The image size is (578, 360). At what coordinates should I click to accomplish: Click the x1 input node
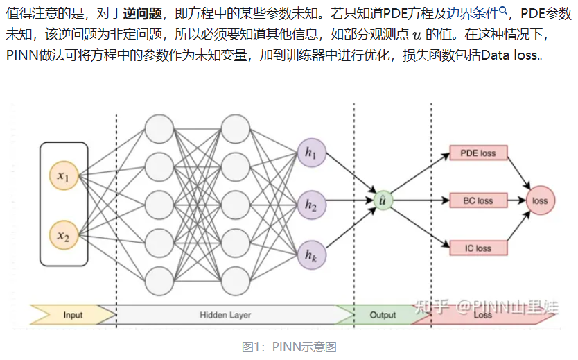(x=63, y=178)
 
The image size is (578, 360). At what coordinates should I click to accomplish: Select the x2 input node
(x=63, y=237)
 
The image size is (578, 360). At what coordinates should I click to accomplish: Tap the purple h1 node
(x=310, y=153)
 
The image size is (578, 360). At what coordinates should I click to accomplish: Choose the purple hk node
(x=310, y=255)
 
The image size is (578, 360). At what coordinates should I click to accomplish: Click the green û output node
(x=383, y=200)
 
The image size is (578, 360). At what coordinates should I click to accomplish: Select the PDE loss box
(x=478, y=153)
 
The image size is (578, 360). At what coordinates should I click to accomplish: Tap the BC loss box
(x=478, y=200)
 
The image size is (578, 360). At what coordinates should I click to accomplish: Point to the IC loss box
(x=478, y=248)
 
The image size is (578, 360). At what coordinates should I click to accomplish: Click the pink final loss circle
(x=539, y=200)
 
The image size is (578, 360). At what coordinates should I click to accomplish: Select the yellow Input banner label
(x=73, y=315)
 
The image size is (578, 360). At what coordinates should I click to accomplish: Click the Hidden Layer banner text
(x=225, y=315)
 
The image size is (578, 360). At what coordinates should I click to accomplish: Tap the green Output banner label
(x=383, y=315)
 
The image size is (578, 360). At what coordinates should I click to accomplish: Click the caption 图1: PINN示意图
(x=289, y=347)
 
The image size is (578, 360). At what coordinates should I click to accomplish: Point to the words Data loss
(x=511, y=55)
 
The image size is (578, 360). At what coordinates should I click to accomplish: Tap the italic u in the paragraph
(x=417, y=34)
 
